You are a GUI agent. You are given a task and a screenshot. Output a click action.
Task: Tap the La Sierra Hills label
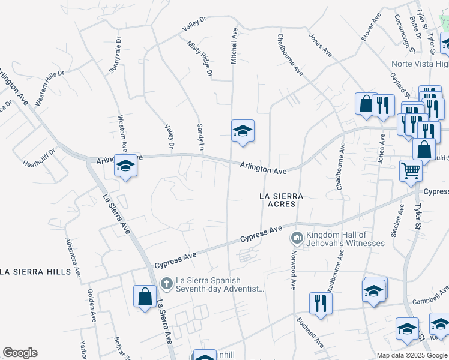40,272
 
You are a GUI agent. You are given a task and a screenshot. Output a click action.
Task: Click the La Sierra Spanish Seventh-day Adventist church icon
167,281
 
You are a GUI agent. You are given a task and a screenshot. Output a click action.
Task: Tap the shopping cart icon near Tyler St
411,170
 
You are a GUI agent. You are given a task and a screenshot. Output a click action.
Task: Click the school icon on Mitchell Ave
243,131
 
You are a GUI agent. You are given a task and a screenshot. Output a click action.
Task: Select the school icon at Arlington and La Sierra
125,166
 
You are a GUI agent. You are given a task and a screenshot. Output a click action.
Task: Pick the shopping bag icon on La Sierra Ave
145,296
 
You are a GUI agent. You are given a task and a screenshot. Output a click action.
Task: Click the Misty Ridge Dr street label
200,59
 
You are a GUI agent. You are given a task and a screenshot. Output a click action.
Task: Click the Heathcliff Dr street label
39,157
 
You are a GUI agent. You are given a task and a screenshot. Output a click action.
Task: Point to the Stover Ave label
371,28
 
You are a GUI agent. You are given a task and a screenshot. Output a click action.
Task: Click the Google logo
20,353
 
